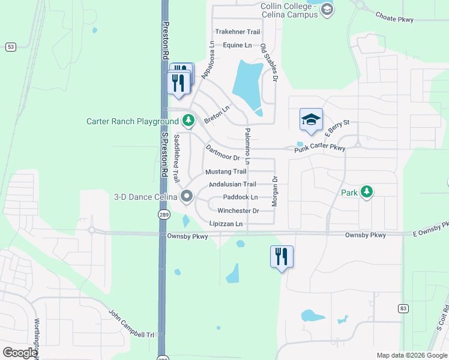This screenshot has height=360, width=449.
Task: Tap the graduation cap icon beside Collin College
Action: [x=327, y=9]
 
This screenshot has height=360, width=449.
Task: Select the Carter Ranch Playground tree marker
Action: [x=188, y=121]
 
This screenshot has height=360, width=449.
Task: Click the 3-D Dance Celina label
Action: [x=145, y=196]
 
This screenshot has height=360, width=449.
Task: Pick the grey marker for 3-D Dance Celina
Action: [x=187, y=196]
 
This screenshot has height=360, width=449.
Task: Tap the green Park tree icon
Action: [x=366, y=192]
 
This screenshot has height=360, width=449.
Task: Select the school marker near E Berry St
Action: [x=311, y=119]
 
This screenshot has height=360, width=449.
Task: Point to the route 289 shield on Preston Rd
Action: [x=163, y=214]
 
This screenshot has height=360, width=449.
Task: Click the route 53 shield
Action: [x=11, y=46]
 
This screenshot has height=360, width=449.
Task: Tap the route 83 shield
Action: [x=402, y=308]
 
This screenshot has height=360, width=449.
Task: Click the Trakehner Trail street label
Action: [x=238, y=32]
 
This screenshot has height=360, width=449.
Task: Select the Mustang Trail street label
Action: [x=226, y=172]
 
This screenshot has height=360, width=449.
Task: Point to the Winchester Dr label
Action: [x=238, y=211]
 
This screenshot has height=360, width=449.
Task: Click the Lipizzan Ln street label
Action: [x=226, y=224]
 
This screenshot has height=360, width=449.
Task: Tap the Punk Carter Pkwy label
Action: [x=319, y=148]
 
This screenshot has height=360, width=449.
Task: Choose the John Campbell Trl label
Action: [x=131, y=323]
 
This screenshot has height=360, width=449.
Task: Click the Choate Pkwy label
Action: [x=394, y=19]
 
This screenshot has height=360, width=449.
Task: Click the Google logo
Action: [x=20, y=353]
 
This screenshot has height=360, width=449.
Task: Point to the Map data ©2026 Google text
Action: [x=411, y=355]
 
